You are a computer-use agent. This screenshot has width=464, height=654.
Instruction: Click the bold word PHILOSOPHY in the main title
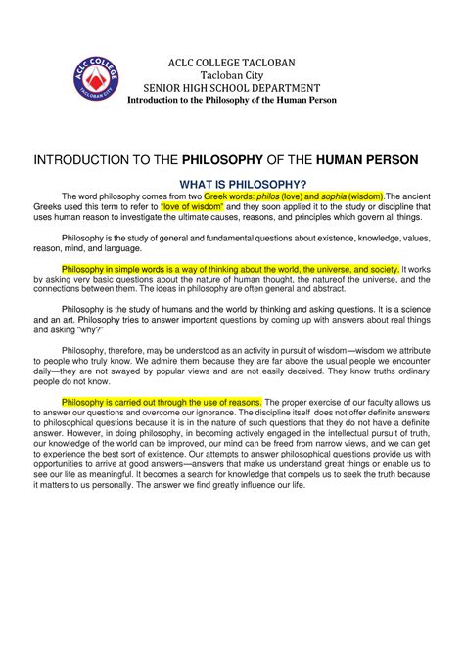[237, 158]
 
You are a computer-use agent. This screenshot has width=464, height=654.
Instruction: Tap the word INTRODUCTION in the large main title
[80, 158]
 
